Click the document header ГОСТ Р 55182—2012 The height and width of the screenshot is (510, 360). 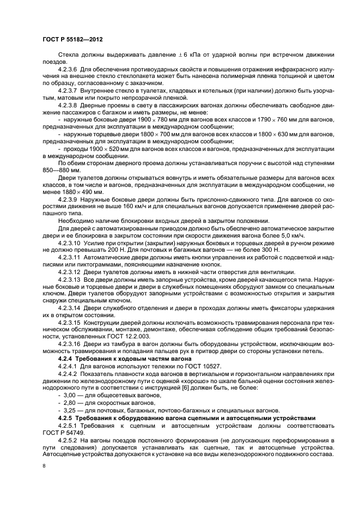tap(73, 40)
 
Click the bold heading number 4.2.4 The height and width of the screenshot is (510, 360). tap(65, 360)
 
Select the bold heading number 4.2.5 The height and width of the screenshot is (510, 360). tap(65, 417)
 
